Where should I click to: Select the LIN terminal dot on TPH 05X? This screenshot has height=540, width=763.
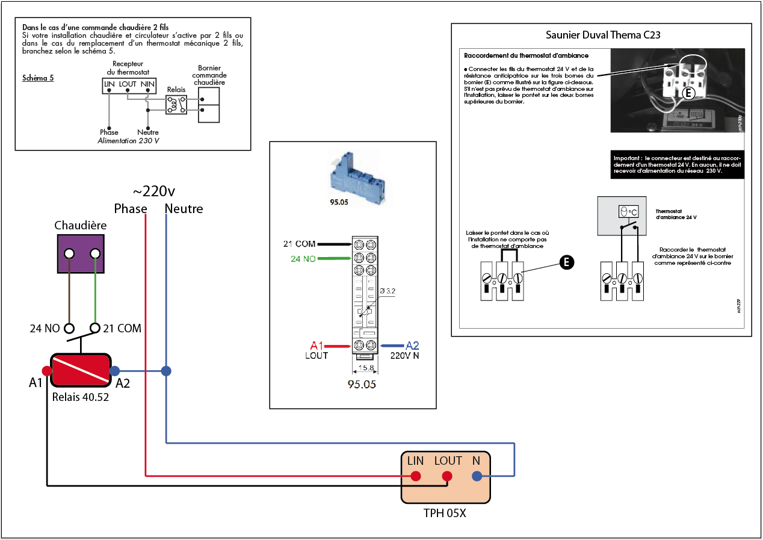[415, 476]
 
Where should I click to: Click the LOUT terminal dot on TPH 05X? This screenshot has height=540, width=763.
[447, 476]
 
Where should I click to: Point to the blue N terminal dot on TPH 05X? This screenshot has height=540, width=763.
[477, 476]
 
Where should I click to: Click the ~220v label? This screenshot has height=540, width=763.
[153, 191]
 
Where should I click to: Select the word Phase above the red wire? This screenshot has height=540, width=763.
[131, 209]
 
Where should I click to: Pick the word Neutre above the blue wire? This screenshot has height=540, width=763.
[184, 209]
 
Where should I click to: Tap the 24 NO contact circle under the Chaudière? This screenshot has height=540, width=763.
[69, 329]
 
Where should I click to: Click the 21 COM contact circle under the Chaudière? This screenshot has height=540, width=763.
[94, 329]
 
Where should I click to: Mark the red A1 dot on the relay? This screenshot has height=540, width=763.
[46, 371]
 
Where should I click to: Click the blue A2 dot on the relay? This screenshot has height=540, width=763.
[115, 371]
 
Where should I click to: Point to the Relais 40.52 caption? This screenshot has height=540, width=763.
[81, 397]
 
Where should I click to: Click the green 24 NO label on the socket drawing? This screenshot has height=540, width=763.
[303, 259]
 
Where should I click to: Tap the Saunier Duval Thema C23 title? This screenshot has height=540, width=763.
[602, 35]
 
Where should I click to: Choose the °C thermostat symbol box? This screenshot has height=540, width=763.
[628, 212]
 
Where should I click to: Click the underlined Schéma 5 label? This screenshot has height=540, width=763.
[38, 78]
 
